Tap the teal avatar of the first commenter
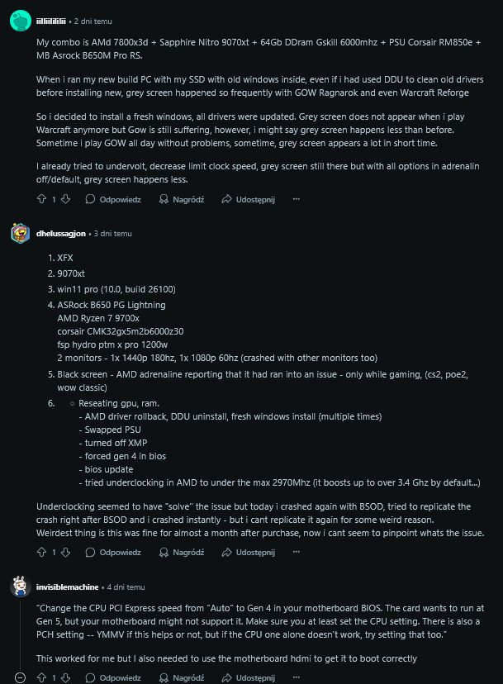21,20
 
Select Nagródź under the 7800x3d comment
181,199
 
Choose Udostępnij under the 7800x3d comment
248,199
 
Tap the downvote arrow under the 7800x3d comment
66,199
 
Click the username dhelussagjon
62,234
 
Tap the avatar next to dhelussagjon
21,234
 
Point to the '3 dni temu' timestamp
112,234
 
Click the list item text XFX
65,258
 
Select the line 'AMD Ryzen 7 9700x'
98,318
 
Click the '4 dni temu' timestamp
121,587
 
